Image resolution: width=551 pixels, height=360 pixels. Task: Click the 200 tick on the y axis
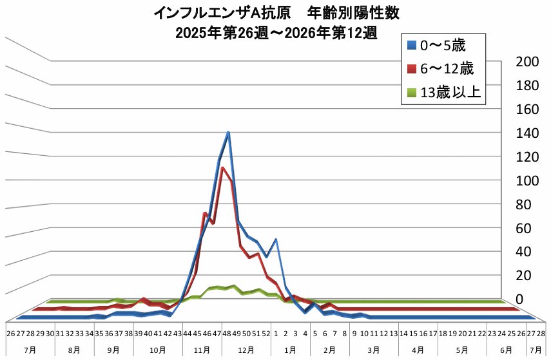(528, 62)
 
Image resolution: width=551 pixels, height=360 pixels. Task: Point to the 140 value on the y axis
(528, 133)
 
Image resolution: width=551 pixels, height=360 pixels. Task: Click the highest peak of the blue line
(228, 132)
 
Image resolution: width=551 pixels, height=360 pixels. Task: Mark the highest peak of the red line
(222, 168)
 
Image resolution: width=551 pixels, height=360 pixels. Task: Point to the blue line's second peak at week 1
(276, 239)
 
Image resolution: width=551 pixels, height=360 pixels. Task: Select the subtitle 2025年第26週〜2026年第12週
(276, 32)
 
